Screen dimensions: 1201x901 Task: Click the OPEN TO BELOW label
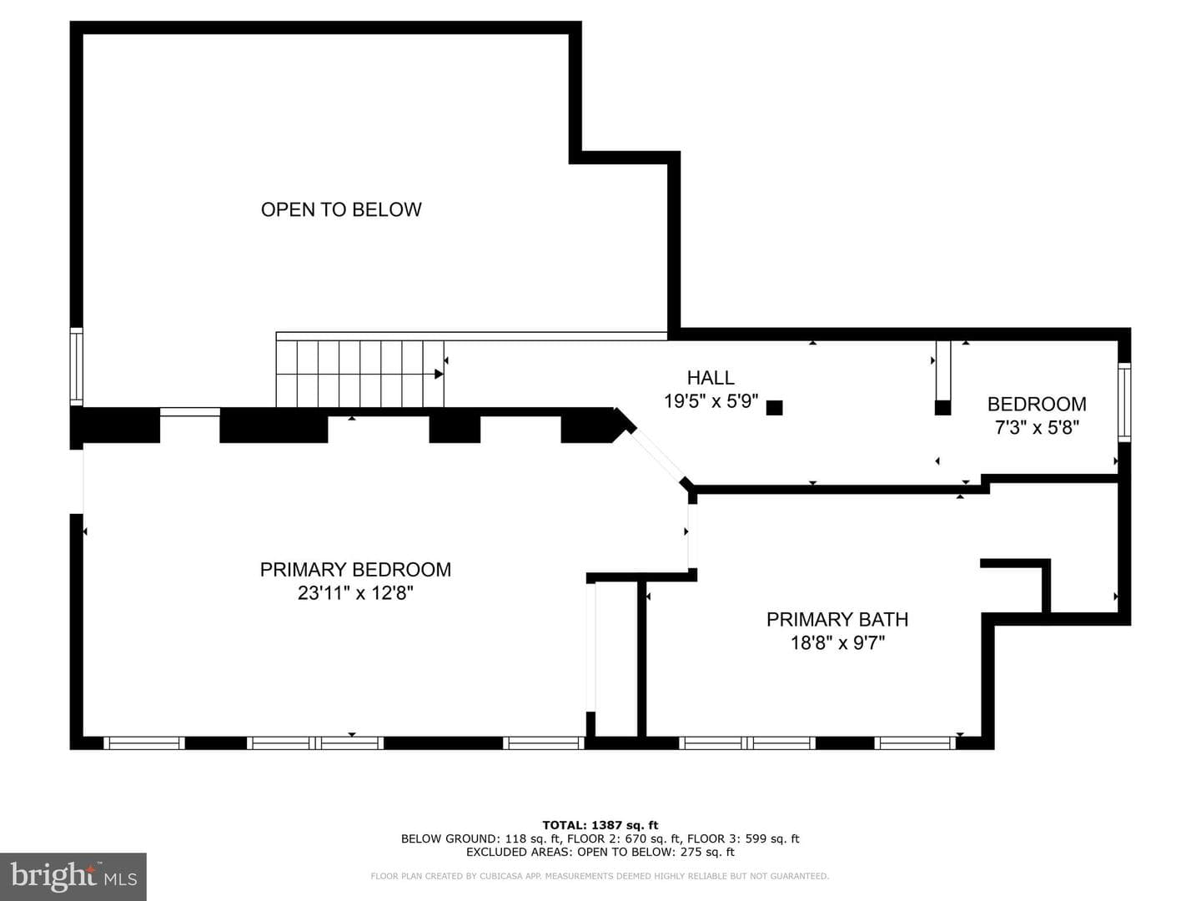tap(341, 209)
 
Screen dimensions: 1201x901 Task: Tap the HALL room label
tap(711, 377)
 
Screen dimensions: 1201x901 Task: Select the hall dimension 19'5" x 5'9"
tap(711, 401)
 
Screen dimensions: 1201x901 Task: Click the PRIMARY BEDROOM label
tap(355, 570)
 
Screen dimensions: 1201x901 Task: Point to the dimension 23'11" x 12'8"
tap(355, 593)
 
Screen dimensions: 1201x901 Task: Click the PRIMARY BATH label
tap(837, 619)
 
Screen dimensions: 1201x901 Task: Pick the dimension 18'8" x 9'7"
tap(837, 642)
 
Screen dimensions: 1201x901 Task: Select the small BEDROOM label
tap(1037, 404)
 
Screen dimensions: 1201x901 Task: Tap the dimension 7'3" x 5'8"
tap(1037, 427)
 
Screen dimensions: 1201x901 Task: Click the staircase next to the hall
tap(359, 375)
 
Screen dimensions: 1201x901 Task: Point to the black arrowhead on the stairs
tap(439, 375)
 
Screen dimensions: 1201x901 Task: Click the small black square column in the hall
tap(774, 408)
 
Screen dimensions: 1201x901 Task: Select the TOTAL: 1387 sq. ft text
tap(600, 825)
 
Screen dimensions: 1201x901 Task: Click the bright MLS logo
tap(73, 876)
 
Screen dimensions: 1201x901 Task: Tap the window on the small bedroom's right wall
tap(1123, 402)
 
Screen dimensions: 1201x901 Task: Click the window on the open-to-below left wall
tap(77, 366)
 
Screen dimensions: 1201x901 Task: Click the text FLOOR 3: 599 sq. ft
tap(743, 838)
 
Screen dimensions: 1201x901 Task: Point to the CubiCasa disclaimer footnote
tap(600, 876)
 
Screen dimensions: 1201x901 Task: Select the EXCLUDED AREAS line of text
tap(600, 852)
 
